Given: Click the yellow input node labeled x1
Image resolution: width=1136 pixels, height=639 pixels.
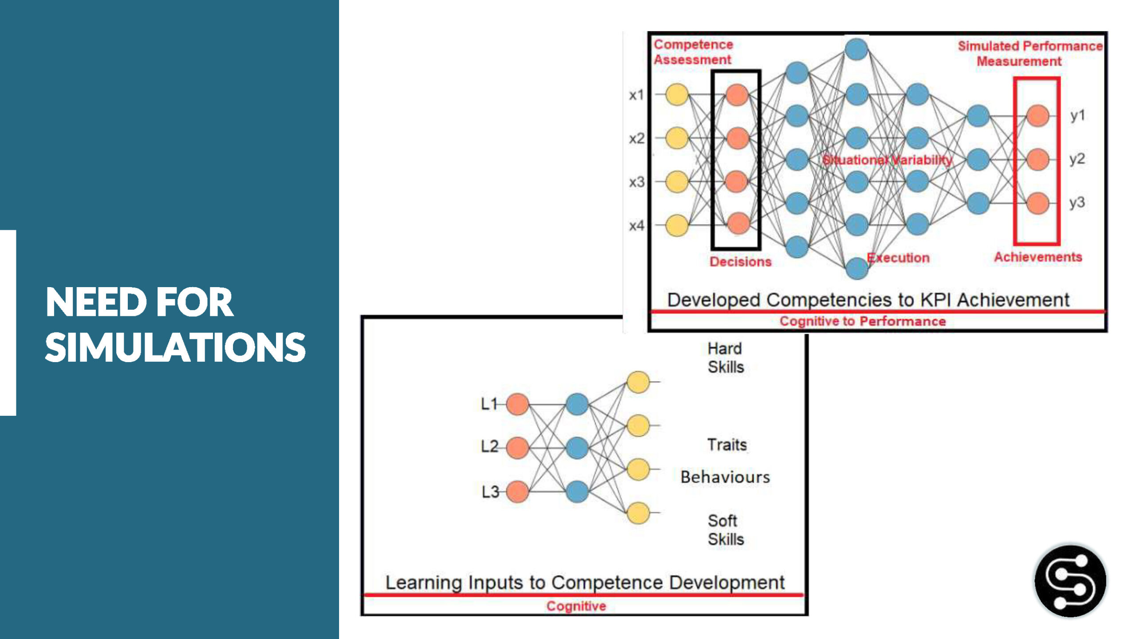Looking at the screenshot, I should [677, 95].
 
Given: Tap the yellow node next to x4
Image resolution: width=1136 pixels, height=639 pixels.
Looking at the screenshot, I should [677, 225].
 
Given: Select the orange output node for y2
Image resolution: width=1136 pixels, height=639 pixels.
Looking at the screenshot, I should [1037, 159].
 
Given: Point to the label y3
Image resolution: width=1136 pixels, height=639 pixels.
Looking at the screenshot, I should [1077, 202].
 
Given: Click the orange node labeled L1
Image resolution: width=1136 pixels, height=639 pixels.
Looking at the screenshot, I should [517, 404].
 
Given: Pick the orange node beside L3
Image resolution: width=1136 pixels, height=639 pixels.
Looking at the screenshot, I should [517, 492].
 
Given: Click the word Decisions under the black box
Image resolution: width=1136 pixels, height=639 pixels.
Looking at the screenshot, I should [740, 261].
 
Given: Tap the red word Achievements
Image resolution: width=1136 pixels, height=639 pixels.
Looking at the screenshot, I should [1037, 257].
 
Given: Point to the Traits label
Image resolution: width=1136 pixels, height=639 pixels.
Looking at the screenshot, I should [727, 445].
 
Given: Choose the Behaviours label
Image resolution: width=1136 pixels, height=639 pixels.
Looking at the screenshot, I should [725, 477].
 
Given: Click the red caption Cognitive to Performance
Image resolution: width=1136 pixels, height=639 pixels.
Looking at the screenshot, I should [863, 321].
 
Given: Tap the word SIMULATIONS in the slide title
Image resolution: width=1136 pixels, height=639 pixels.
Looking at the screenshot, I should [175, 347].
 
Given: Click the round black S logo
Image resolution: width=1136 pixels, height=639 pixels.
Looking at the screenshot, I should [1070, 581].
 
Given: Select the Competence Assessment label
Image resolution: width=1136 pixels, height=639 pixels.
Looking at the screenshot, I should [693, 52].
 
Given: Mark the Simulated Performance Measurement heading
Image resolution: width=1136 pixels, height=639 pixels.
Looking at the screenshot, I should [1029, 53].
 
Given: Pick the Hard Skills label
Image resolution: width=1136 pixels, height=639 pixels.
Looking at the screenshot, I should [725, 358].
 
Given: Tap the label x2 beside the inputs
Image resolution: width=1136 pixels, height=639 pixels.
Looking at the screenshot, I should [636, 138].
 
